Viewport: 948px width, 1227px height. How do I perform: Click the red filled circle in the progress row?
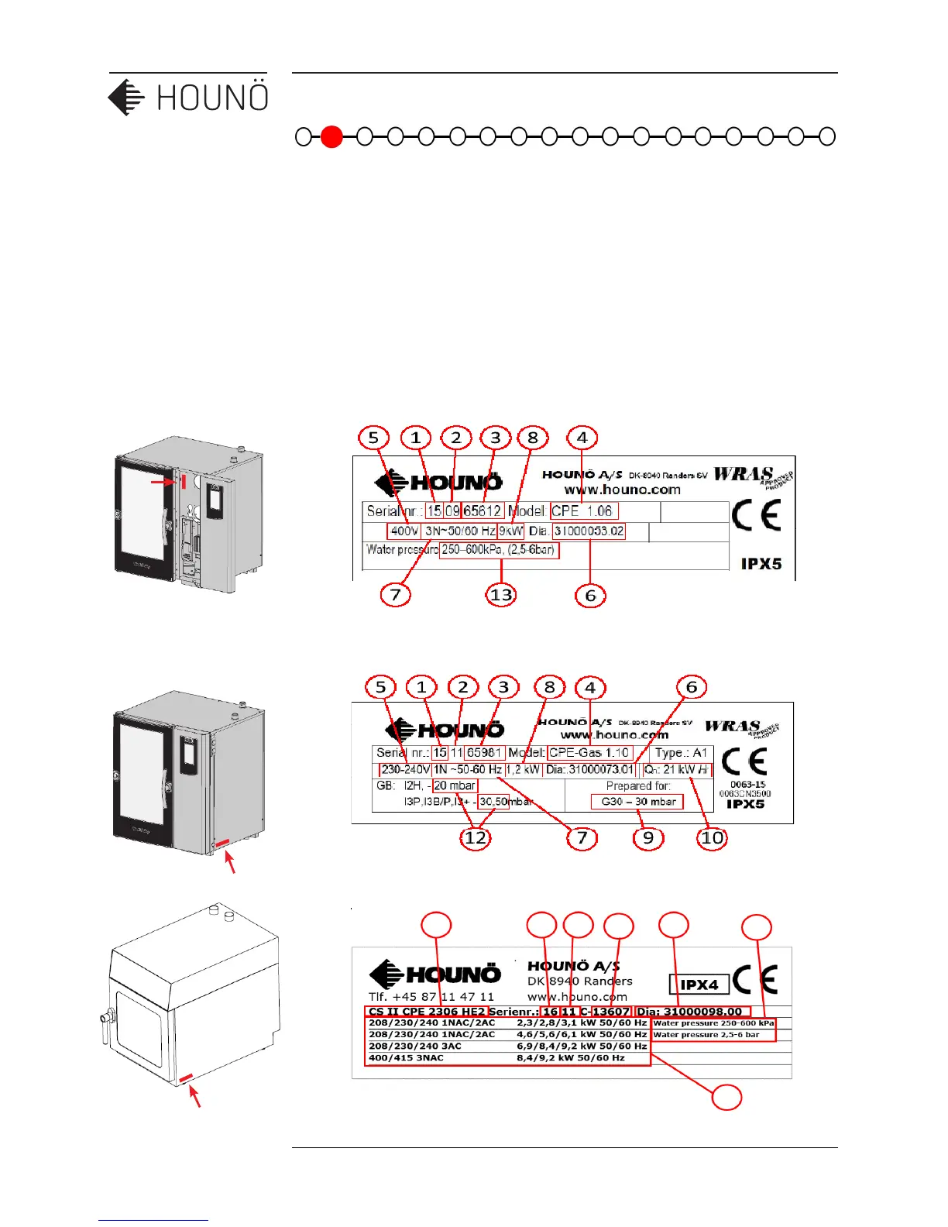[331, 136]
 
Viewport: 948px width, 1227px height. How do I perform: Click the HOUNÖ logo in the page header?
[188, 98]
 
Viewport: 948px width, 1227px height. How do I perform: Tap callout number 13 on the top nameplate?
[501, 595]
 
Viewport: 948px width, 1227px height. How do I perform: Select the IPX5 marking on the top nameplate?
[761, 564]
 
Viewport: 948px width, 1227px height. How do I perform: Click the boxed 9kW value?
[511, 531]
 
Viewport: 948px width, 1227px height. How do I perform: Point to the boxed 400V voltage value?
[404, 531]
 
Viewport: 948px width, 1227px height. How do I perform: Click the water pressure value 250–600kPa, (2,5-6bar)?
[499, 550]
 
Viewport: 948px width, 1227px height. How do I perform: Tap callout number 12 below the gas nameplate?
[476, 837]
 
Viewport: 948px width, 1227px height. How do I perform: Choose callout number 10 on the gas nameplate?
[712, 837]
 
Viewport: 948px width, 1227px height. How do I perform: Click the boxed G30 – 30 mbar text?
[637, 802]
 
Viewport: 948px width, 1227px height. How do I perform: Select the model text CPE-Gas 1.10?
[590, 753]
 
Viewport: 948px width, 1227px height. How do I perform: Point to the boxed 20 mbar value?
[455, 785]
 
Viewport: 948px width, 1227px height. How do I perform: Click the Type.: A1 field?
[681, 753]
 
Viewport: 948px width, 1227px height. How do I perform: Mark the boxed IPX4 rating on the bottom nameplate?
[699, 985]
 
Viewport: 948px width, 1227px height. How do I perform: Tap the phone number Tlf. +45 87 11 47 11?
[431, 997]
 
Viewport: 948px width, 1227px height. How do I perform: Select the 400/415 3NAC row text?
[407, 1058]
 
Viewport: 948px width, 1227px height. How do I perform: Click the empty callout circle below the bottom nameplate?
[727, 1097]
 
